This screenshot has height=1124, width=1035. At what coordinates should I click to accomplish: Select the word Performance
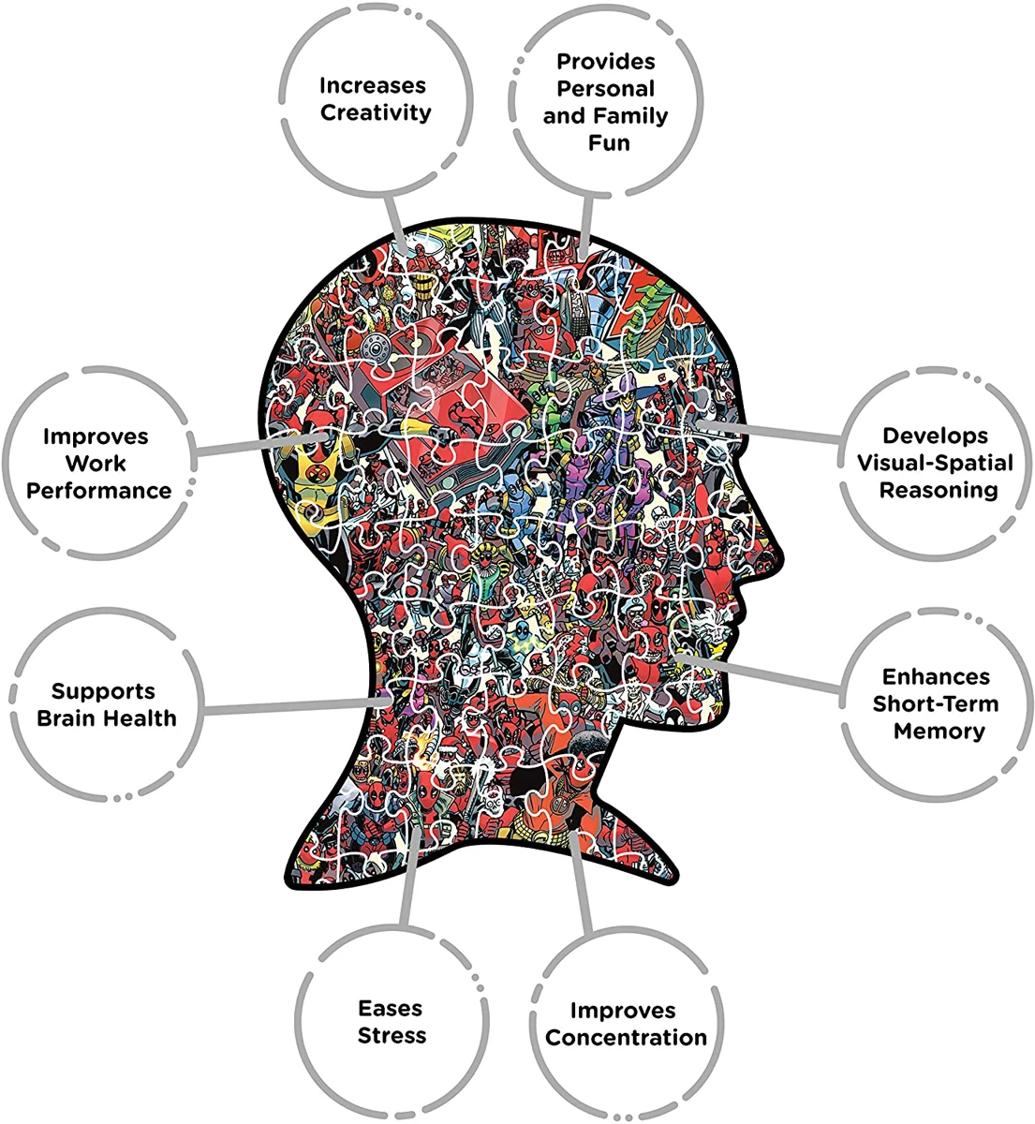(x=99, y=491)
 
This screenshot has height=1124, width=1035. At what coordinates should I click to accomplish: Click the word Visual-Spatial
(x=935, y=463)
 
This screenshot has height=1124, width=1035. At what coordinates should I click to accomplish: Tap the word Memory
(x=937, y=732)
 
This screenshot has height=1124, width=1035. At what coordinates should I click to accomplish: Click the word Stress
(x=392, y=1036)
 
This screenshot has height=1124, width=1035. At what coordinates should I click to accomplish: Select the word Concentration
(x=626, y=1038)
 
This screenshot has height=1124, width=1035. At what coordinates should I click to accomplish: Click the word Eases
(x=391, y=1009)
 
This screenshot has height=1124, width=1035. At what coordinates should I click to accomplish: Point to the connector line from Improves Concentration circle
(x=582, y=890)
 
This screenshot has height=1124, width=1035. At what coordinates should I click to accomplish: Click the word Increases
(x=372, y=86)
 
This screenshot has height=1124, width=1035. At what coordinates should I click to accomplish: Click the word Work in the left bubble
(x=96, y=464)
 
